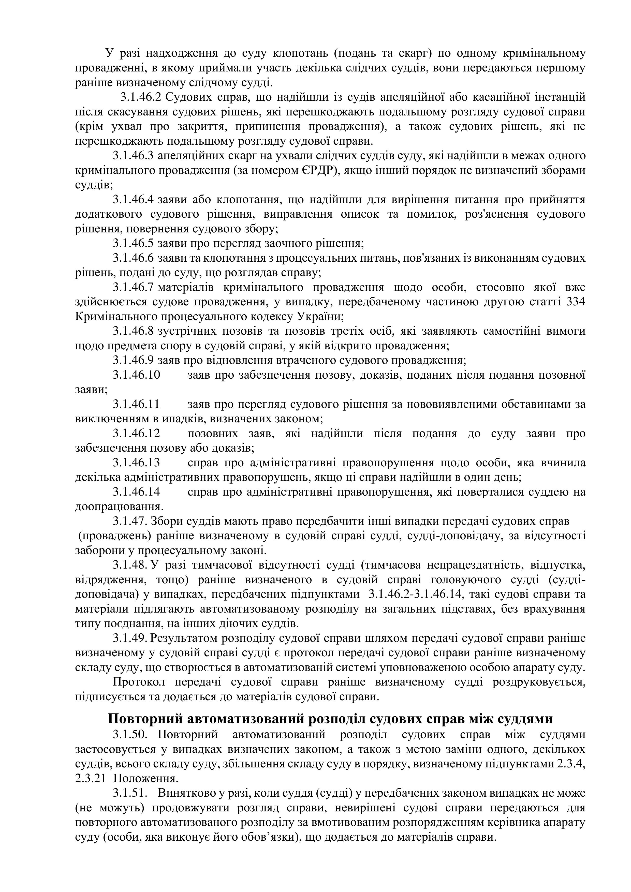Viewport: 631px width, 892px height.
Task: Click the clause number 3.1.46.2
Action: tap(141, 97)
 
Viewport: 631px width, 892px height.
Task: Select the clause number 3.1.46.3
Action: tap(133, 156)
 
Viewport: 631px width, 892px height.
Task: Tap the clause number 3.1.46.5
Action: tap(133, 244)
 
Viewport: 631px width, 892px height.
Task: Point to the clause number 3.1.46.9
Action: tap(133, 360)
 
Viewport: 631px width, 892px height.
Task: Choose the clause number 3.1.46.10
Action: tap(136, 375)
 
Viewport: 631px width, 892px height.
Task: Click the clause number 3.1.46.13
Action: tap(136, 463)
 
